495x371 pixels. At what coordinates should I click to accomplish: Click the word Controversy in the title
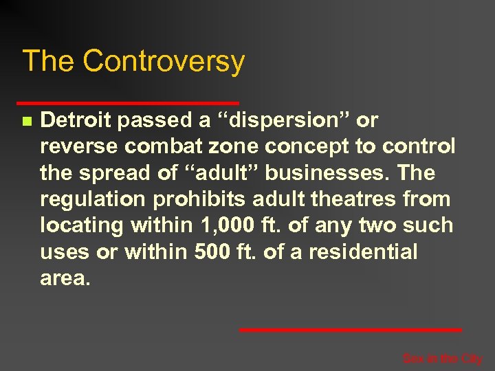[x=164, y=62]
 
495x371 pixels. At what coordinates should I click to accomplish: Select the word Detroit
[x=76, y=121]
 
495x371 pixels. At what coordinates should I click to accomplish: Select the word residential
[x=363, y=251]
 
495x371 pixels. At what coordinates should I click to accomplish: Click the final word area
[x=65, y=278]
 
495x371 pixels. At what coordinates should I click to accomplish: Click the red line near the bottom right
[x=350, y=330]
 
